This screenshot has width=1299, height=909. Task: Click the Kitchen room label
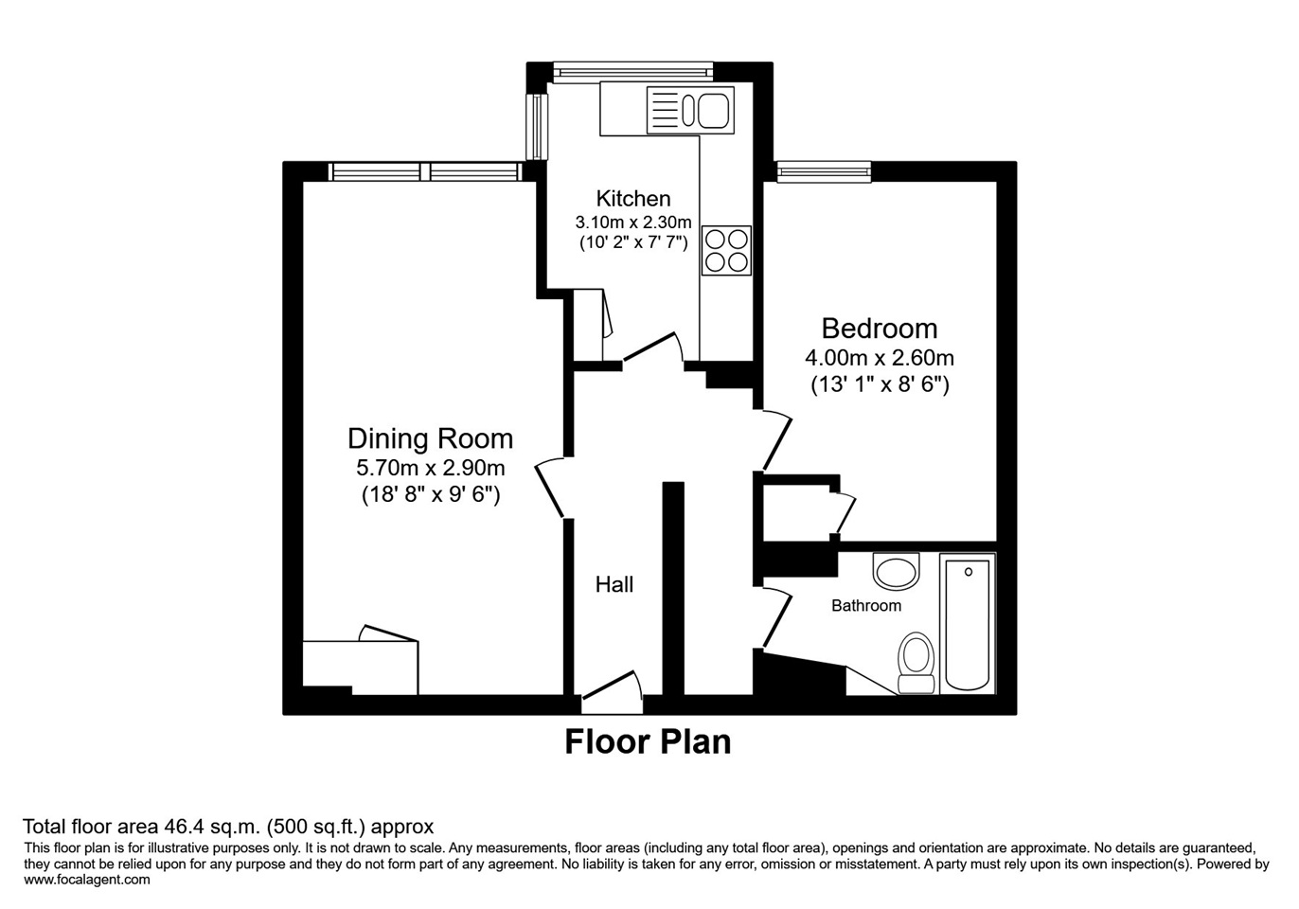click(632, 199)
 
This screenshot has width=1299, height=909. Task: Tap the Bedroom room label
click(879, 329)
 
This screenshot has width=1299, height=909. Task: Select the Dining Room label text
click(430, 438)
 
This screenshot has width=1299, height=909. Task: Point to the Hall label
click(614, 585)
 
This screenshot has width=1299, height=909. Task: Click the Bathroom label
click(865, 606)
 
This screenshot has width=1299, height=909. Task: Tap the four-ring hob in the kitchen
click(726, 251)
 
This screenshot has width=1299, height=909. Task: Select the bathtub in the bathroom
click(968, 624)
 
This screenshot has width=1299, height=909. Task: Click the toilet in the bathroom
click(916, 662)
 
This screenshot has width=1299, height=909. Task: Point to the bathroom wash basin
click(896, 572)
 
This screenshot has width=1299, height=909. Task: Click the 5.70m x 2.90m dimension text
click(430, 468)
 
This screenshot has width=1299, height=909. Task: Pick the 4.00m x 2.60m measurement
click(879, 358)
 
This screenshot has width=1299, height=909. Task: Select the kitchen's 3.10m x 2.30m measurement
click(632, 223)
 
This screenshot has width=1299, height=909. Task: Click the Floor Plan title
click(648, 741)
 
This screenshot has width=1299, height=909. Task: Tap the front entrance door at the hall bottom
click(612, 697)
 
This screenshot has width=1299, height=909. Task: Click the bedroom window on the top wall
click(823, 171)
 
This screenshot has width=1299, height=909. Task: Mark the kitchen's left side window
click(538, 126)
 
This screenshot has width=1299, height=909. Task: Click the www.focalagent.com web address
click(87, 880)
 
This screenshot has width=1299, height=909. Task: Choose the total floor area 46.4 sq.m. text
click(227, 827)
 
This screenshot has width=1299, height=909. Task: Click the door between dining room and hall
click(552, 490)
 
